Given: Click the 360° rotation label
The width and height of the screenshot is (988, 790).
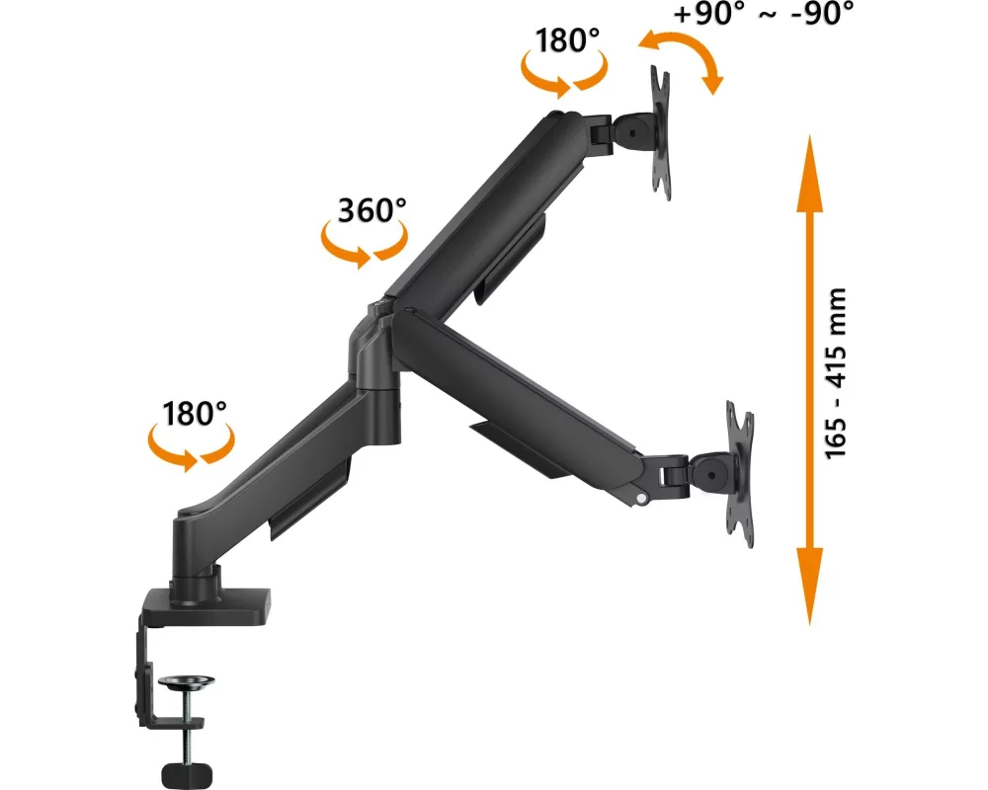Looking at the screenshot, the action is pos(371,209).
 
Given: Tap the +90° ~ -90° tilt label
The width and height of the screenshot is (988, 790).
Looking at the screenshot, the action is pos(764,13).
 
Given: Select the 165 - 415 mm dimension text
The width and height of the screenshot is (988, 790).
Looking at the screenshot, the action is pos(836,373).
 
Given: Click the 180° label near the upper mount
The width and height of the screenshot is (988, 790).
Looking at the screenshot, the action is pos(567,39).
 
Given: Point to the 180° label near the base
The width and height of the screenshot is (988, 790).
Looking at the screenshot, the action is pos(194,414).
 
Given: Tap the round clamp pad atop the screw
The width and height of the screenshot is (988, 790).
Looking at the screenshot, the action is pos(187,682).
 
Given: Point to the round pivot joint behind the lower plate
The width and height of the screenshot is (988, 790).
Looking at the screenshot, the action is pos(710,469).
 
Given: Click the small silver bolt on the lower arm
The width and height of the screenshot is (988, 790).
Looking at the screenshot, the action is pos(641,498).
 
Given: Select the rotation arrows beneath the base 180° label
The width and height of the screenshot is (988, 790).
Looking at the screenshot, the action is pos(191,446).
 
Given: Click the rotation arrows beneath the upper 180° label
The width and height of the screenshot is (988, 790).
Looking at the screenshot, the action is pos(564,73).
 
